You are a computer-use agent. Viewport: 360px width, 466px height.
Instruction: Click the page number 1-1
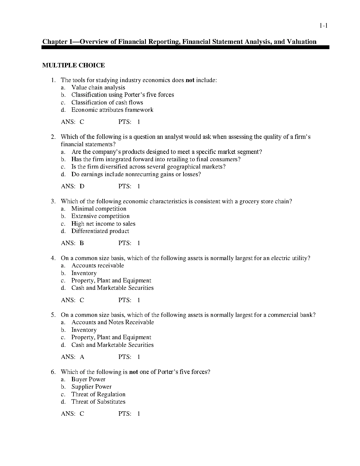(x=324, y=26)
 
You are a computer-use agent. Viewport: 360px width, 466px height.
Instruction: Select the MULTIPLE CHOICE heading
(x=74, y=65)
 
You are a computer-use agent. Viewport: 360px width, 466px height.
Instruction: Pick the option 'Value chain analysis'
(x=98, y=87)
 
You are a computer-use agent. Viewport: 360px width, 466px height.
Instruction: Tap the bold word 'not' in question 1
(x=190, y=80)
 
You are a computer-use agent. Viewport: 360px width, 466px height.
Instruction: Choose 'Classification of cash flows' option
(x=107, y=102)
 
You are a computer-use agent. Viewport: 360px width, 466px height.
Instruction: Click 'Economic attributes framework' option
(x=112, y=110)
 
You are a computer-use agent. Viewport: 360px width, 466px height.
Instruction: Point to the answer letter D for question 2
(x=82, y=186)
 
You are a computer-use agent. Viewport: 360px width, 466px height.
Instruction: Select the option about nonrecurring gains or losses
(x=136, y=174)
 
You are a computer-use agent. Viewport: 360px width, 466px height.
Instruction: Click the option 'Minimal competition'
(x=99, y=209)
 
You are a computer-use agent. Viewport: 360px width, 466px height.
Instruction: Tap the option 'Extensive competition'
(x=100, y=216)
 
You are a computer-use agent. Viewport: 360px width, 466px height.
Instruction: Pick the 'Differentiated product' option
(x=100, y=231)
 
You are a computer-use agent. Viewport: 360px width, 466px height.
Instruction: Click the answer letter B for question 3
(x=82, y=243)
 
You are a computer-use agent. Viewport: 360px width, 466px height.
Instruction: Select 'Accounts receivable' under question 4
(x=98, y=265)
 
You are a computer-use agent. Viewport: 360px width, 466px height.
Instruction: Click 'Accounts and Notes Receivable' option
(x=113, y=322)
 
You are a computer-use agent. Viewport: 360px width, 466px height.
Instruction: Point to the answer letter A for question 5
(x=82, y=357)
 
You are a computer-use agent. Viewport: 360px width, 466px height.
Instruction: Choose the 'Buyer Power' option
(x=88, y=379)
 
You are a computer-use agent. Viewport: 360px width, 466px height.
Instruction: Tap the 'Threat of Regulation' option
(x=98, y=394)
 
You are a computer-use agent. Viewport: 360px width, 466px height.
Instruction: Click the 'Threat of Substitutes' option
(x=98, y=402)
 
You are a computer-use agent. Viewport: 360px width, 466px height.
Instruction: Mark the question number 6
(x=53, y=372)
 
